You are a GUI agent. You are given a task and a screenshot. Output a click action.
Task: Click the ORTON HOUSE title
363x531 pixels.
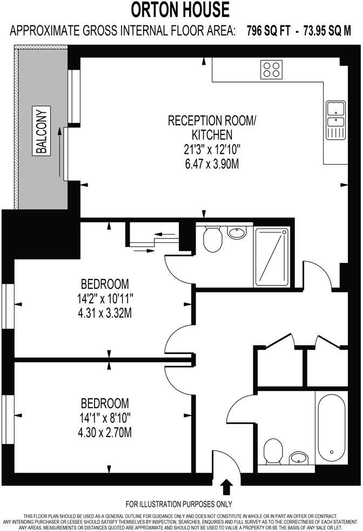181,10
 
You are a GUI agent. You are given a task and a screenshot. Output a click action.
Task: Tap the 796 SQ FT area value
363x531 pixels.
269,31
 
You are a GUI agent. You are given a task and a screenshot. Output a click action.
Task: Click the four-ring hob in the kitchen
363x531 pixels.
271,69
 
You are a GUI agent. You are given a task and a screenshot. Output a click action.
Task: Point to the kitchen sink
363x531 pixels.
335,119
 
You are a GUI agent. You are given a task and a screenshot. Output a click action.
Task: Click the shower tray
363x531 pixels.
272,257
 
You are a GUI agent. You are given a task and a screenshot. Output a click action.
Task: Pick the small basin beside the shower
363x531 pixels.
236,233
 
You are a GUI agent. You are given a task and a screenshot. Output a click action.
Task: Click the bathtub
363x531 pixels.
331,426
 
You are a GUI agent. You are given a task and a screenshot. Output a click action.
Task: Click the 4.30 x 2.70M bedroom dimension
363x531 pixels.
105,432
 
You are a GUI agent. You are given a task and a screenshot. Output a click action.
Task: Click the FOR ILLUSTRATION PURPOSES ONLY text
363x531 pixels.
179,505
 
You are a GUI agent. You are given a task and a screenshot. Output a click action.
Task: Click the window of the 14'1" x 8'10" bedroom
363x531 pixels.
6,420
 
